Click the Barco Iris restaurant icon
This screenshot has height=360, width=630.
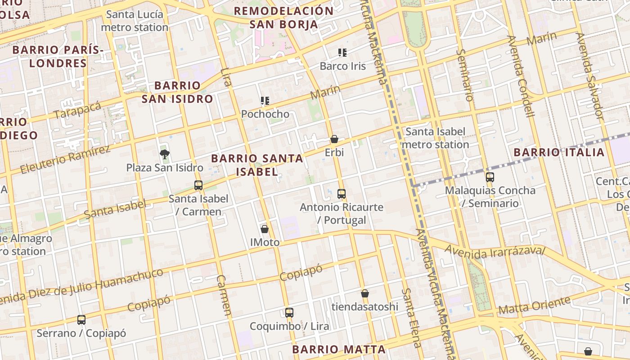(342, 53)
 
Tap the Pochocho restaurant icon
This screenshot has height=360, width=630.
(265, 101)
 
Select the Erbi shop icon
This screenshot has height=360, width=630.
(334, 139)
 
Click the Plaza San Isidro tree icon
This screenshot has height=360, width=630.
(165, 154)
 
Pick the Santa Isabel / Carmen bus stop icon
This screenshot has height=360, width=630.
(198, 185)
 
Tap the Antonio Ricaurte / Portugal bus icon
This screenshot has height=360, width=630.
(342, 194)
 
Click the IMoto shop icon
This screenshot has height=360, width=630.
(265, 229)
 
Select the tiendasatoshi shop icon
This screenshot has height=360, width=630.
(365, 293)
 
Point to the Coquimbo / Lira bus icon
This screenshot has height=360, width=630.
(289, 313)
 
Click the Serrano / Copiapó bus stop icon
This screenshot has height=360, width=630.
(81, 320)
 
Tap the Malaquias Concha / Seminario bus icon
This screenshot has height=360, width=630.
(490, 177)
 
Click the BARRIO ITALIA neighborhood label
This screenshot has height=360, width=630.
(559, 153)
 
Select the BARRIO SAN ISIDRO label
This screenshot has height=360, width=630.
(177, 92)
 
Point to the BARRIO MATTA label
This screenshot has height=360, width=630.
(339, 349)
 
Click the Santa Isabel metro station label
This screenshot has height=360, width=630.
(435, 138)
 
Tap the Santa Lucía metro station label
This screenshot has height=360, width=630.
(135, 21)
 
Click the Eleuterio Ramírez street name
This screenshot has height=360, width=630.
(65, 160)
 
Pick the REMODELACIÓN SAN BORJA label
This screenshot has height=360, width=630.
(284, 18)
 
